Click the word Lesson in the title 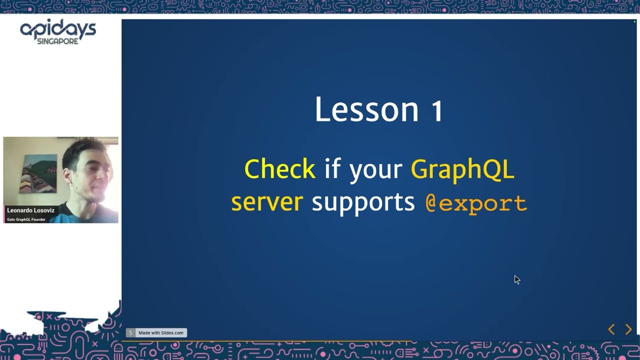tap(366, 109)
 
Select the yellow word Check tap(279, 169)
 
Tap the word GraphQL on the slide tap(462, 170)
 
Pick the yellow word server tap(267, 202)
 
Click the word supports tap(363, 203)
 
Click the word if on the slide tap(332, 168)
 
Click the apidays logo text tap(58, 29)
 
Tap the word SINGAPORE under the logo tap(57, 41)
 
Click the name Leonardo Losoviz tap(30, 210)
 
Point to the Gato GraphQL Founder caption tap(26, 219)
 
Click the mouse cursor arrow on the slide tap(517, 280)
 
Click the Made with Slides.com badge tap(156, 332)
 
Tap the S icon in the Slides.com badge tap(130, 332)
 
